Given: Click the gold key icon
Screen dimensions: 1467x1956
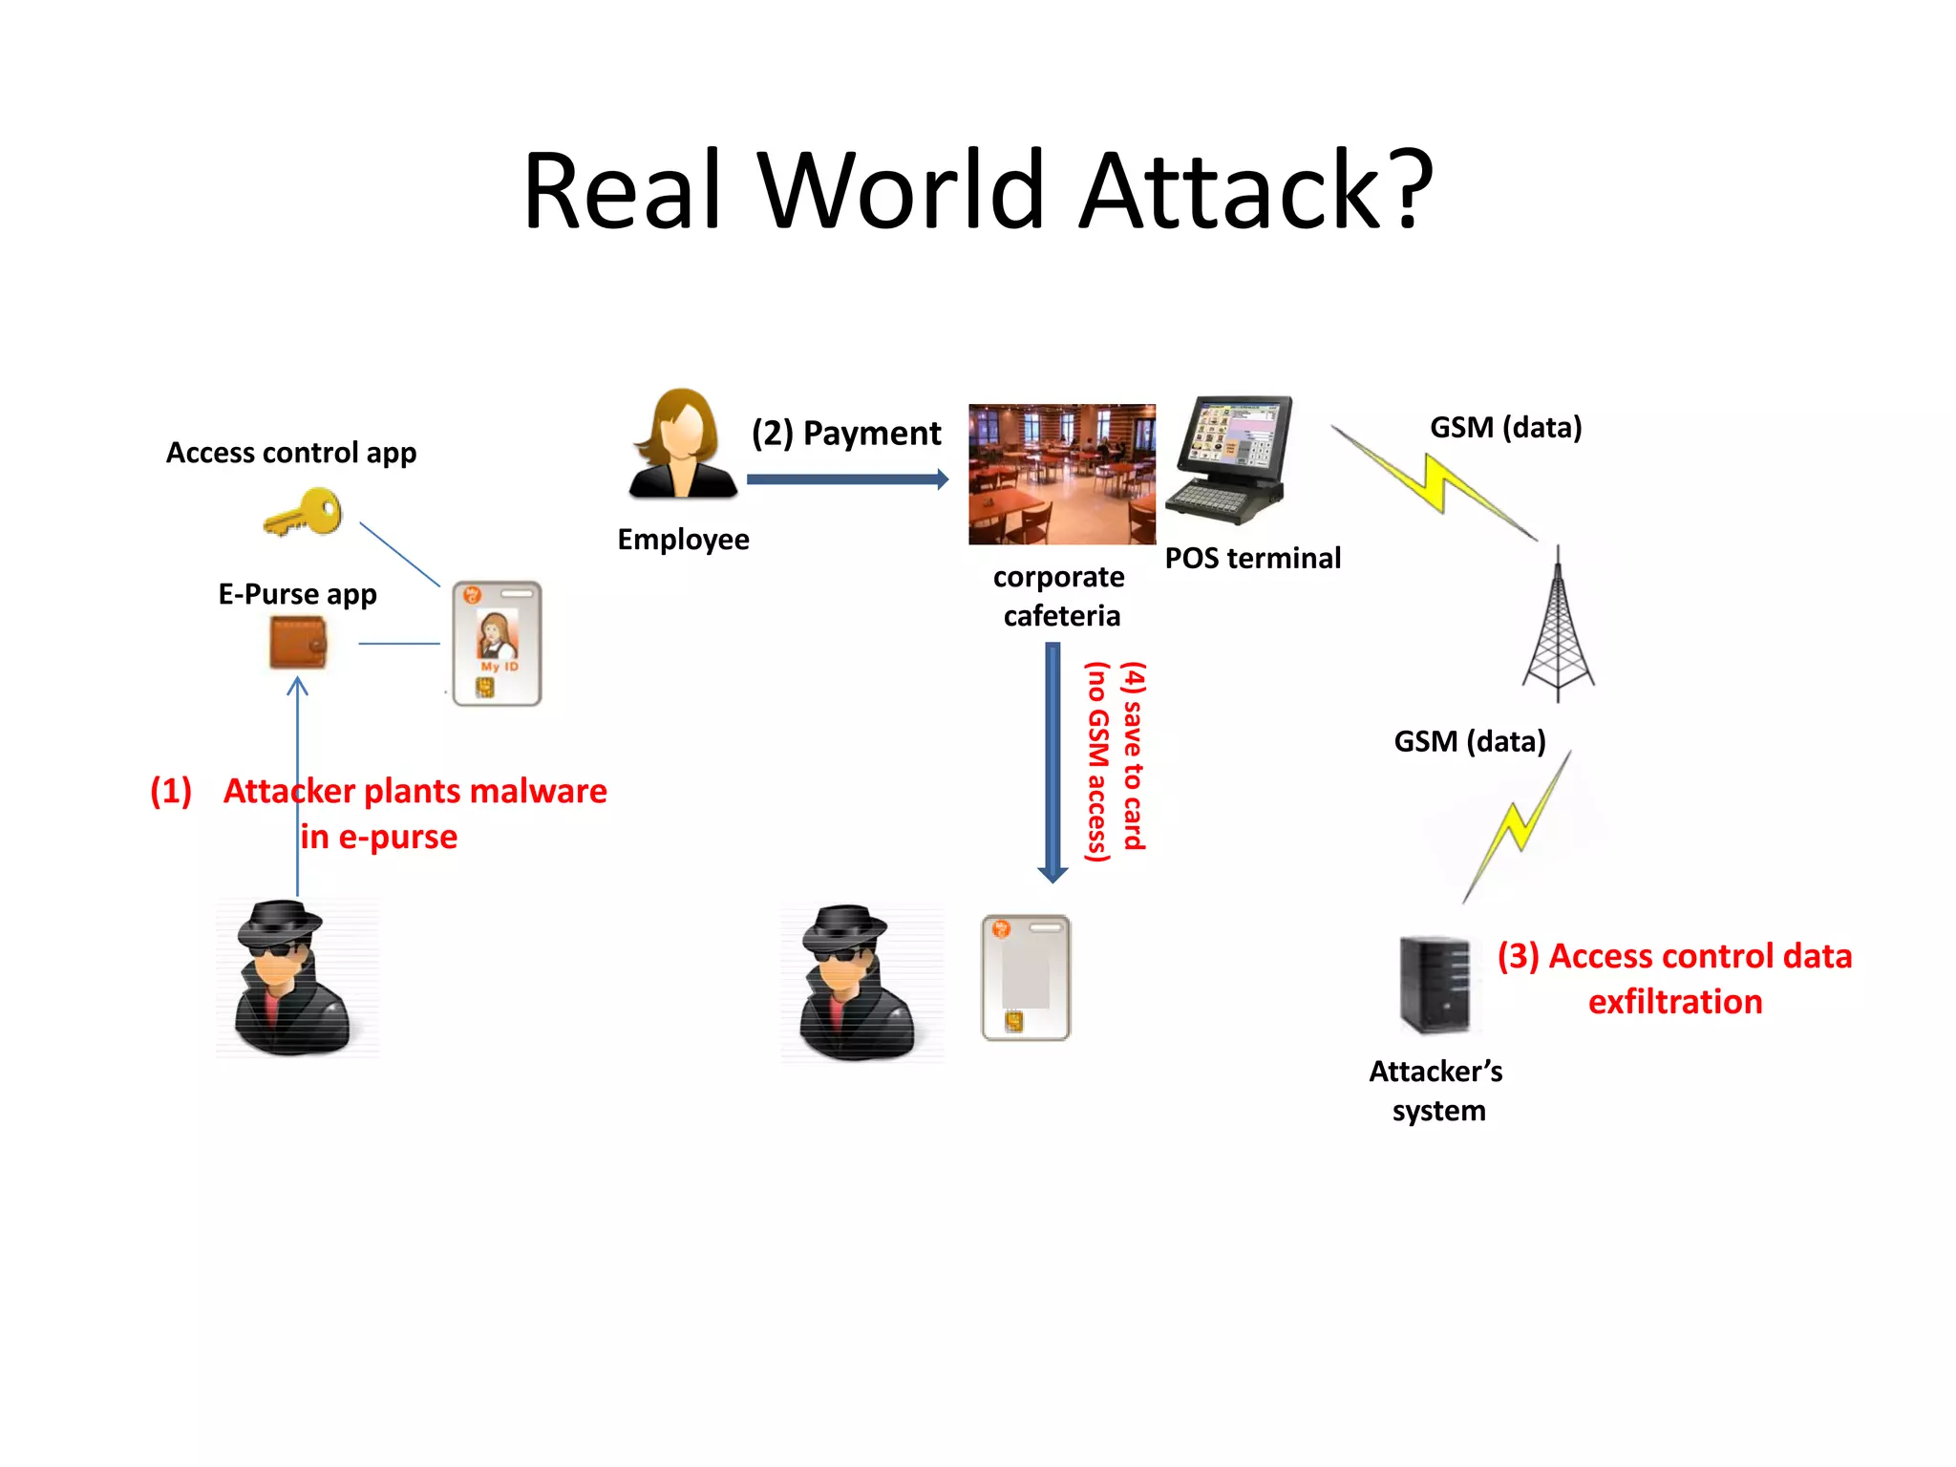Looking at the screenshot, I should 304,512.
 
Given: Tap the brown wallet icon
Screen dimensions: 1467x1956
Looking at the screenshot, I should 298,643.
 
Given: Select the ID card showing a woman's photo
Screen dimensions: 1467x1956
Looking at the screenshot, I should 497,644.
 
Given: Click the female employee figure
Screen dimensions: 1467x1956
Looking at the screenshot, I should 682,445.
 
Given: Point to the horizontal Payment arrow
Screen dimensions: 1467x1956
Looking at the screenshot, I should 846,479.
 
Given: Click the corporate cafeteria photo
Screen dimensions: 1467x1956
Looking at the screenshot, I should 1061,474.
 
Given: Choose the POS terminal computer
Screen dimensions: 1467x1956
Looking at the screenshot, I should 1233,459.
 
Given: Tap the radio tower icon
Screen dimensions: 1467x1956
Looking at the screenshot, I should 1558,626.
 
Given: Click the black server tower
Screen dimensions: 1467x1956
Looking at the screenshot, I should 1435,985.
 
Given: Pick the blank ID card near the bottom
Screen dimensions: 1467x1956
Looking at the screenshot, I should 1026,977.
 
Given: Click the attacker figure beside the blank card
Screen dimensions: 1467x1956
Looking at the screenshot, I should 857,983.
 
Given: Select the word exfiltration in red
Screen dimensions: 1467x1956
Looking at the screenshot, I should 1675,1002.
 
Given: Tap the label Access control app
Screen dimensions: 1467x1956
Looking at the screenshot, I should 291,453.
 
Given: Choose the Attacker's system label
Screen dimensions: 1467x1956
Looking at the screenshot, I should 1436,1091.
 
